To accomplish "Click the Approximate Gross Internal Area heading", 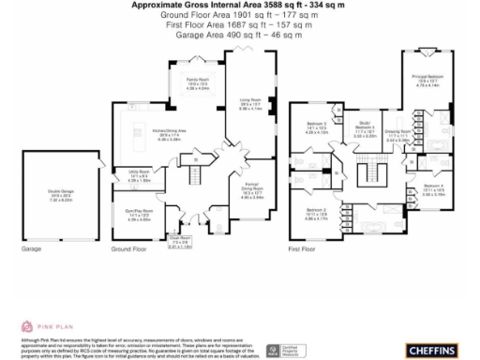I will [239, 6].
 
